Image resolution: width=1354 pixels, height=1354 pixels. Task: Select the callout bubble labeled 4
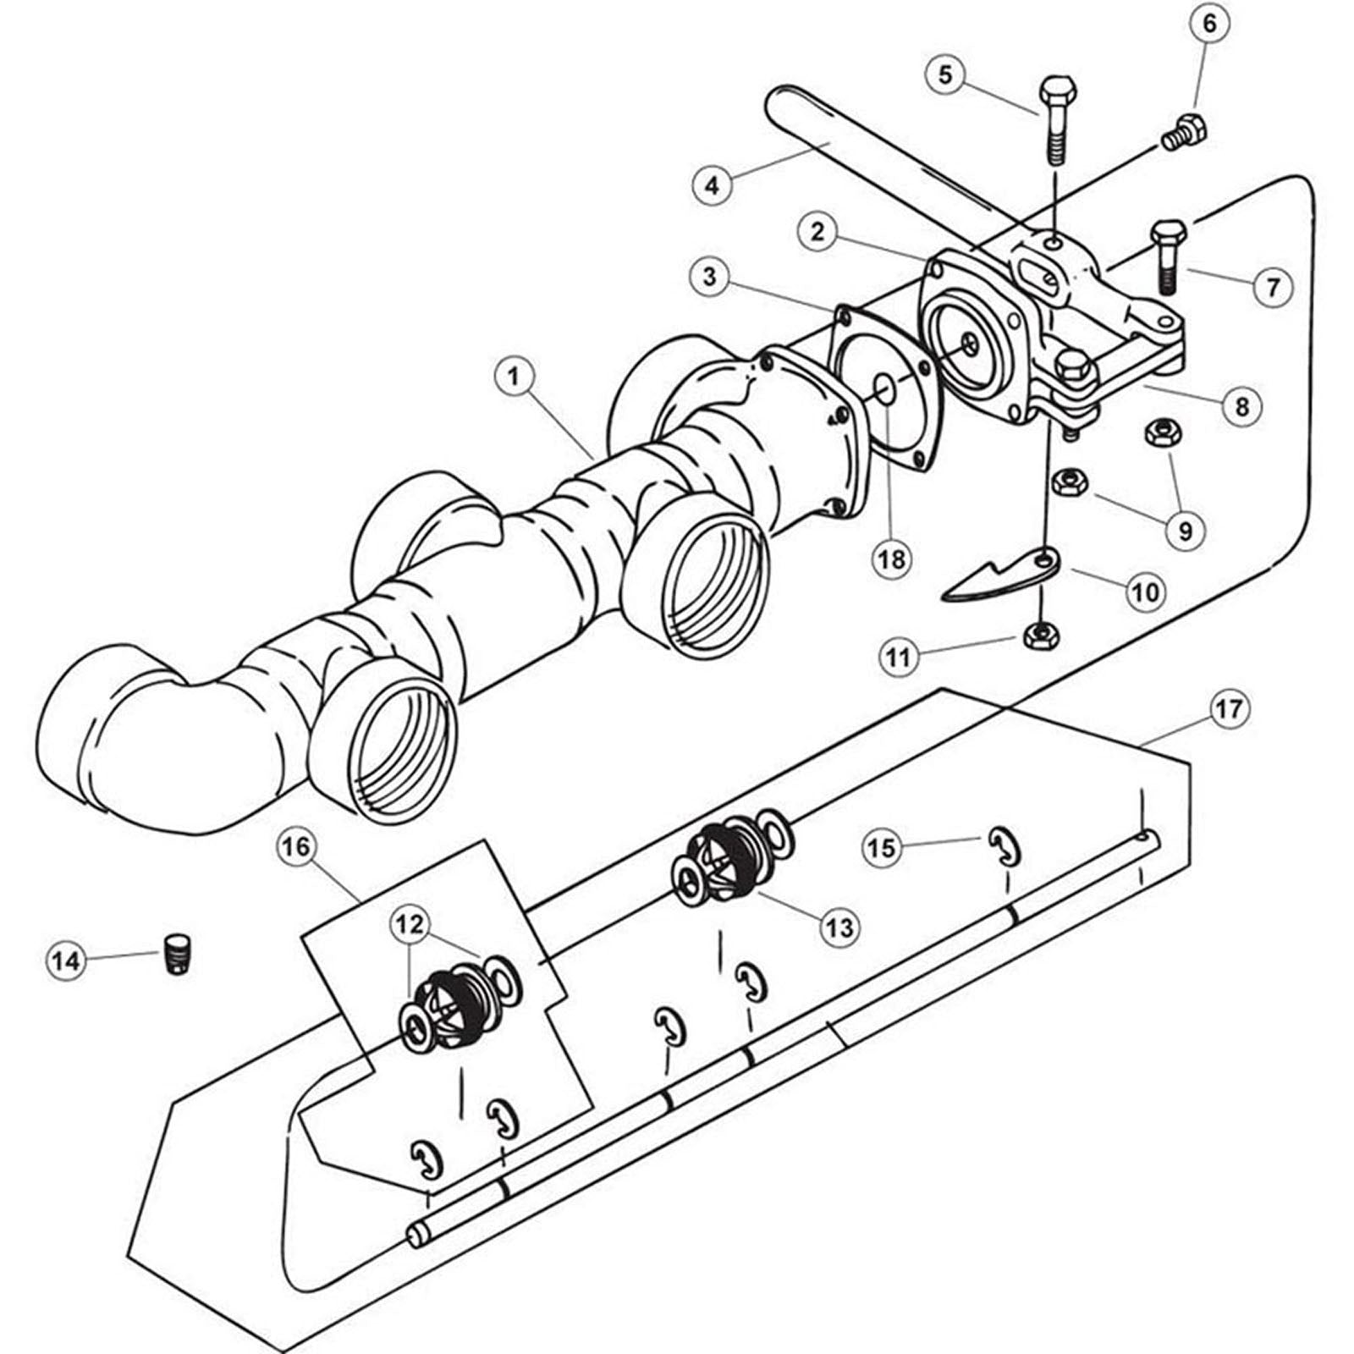click(712, 184)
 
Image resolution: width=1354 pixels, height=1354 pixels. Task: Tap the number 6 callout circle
click(1208, 24)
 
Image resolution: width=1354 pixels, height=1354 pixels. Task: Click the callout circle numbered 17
click(1229, 708)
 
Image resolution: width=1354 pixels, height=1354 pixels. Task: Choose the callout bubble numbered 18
click(892, 559)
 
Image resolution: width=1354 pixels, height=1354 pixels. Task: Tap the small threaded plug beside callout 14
click(175, 955)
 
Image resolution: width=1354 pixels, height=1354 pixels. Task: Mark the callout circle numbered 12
click(410, 925)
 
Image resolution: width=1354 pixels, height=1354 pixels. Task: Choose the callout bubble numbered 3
click(709, 277)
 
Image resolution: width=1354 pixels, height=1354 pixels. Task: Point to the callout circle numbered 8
click(1241, 406)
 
